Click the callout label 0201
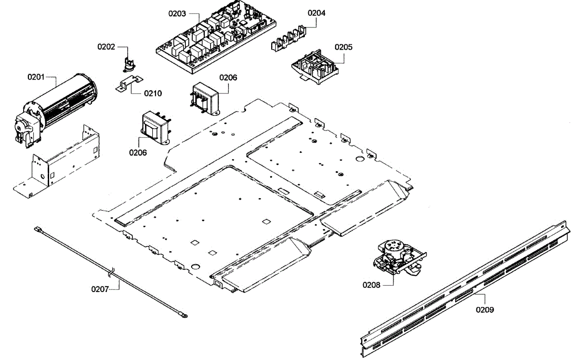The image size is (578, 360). (36, 77)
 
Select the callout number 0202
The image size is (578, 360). (106, 47)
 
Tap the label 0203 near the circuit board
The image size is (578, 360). (177, 13)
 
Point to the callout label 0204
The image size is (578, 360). (316, 13)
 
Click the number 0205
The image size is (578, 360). (343, 47)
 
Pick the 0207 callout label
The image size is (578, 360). (100, 289)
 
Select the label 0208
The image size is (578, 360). (371, 285)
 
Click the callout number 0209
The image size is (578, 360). (485, 310)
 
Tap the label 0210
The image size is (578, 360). (153, 93)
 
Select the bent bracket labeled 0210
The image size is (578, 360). (129, 83)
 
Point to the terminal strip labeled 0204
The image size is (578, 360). (289, 39)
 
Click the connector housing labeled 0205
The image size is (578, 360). (315, 67)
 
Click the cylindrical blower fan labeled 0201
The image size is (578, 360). (55, 110)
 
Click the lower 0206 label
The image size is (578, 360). (138, 153)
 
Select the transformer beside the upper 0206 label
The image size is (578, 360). (206, 99)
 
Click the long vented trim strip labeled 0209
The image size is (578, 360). (465, 289)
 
